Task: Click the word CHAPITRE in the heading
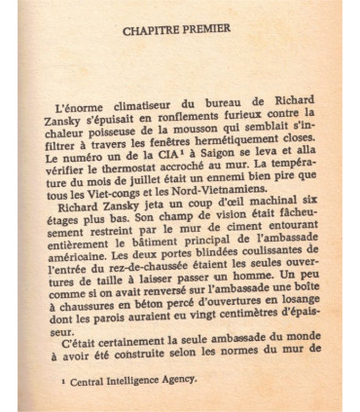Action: point(155,30)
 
